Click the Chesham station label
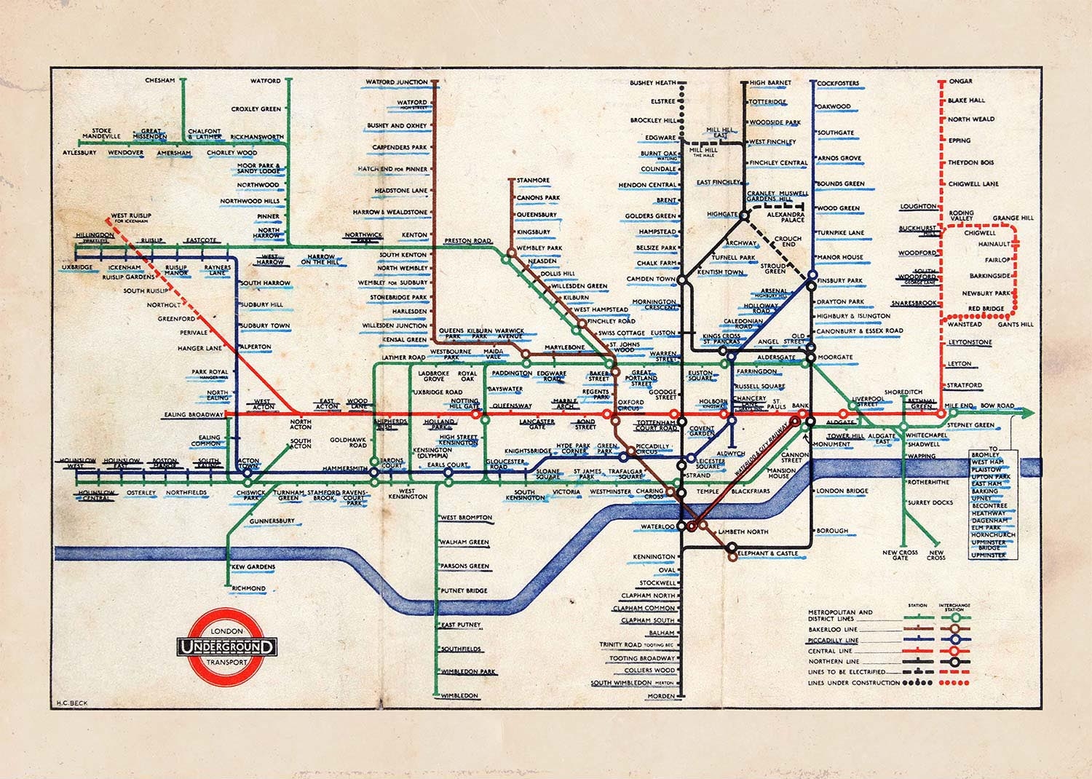[159, 80]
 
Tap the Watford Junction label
[396, 82]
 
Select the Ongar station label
[960, 82]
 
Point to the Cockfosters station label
[838, 84]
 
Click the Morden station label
[661, 696]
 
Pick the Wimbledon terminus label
[459, 696]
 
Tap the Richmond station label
[248, 588]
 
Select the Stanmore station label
[533, 180]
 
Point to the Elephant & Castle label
[767, 553]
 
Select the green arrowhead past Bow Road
[1027, 414]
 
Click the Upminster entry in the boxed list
[988, 555]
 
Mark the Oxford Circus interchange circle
[609, 414]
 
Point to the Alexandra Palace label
[785, 218]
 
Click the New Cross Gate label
[900, 555]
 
